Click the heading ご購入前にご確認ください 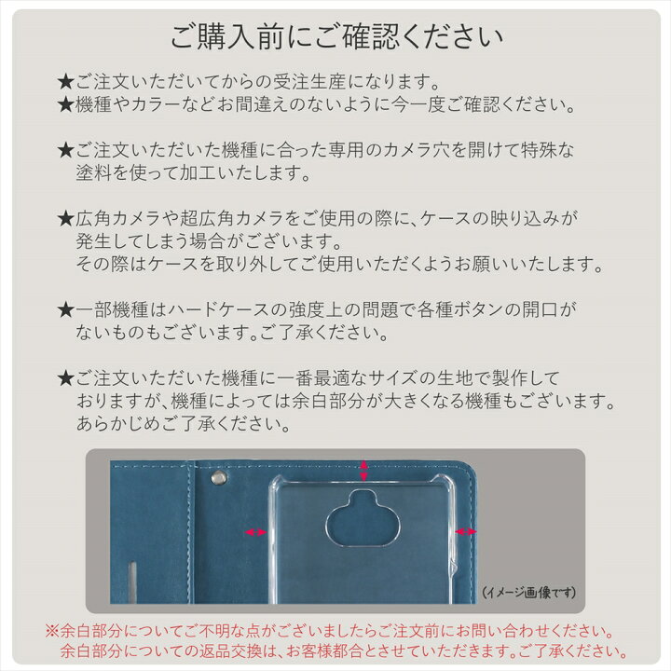coord(336,38)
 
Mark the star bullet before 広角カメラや coord(65,218)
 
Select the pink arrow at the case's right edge coord(466,531)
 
